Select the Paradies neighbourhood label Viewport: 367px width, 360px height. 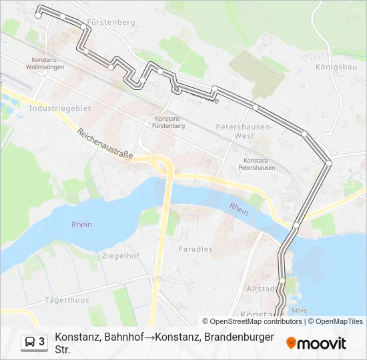point(195,249)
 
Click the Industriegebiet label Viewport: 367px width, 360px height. point(60,107)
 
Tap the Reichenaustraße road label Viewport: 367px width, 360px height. point(105,143)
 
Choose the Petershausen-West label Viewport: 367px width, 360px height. point(244,130)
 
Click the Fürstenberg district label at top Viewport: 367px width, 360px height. point(111,22)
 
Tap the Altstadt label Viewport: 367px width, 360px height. point(260,289)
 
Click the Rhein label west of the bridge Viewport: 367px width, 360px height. point(81,225)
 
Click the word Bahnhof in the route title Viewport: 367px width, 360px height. point(126,337)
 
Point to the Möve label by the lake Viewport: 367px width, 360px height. point(300,310)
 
